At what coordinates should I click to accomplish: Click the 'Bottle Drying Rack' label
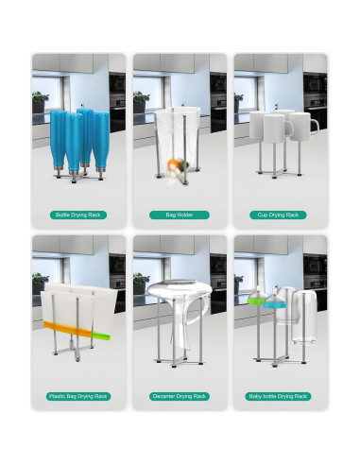(78, 215)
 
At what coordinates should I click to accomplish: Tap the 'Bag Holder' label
(180, 215)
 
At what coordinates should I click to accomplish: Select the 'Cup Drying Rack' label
(282, 215)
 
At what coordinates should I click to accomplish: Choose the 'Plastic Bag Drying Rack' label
(78, 396)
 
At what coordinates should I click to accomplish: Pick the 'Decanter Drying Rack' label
(180, 396)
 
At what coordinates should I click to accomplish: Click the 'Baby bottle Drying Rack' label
(282, 396)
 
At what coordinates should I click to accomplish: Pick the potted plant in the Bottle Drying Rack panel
(39, 101)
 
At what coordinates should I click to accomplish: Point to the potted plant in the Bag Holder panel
(141, 101)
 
